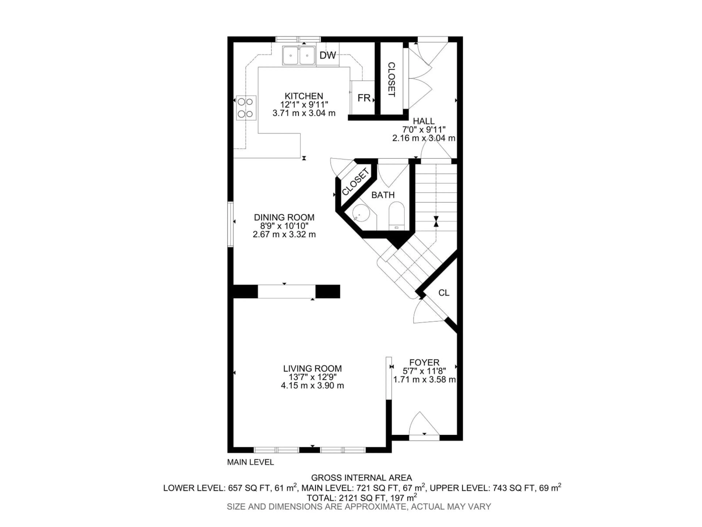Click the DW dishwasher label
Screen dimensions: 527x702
(x=328, y=56)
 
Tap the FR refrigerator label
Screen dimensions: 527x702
(x=364, y=98)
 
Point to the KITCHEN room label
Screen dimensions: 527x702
(x=304, y=96)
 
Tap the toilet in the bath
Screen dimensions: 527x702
(x=397, y=216)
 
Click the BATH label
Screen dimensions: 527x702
(x=383, y=195)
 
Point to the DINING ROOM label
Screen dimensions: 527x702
(x=284, y=218)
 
